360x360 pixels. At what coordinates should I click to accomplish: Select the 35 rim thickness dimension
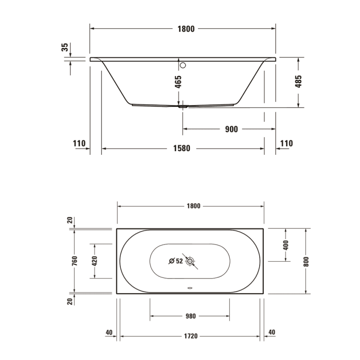pos(65,47)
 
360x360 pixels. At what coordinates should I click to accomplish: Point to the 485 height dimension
pos(298,82)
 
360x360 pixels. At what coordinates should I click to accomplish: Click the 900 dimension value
pos(231,129)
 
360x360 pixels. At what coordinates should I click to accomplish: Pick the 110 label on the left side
pos(78,143)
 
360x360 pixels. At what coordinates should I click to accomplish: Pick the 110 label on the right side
pos(286,143)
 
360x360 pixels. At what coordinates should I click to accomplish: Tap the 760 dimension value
pos(75,261)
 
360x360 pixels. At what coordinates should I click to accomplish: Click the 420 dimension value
pos(94,261)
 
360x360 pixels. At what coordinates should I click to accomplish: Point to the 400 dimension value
pos(286,245)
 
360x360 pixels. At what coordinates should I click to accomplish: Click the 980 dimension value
pos(190,316)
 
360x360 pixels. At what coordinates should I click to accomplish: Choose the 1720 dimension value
pos(191,336)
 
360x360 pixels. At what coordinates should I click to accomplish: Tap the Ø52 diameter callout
pos(176,261)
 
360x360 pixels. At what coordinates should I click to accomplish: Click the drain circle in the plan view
pos(191,261)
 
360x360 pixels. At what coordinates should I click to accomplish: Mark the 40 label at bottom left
pos(109,332)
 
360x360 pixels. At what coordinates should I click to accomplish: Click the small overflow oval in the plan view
pos(191,289)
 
